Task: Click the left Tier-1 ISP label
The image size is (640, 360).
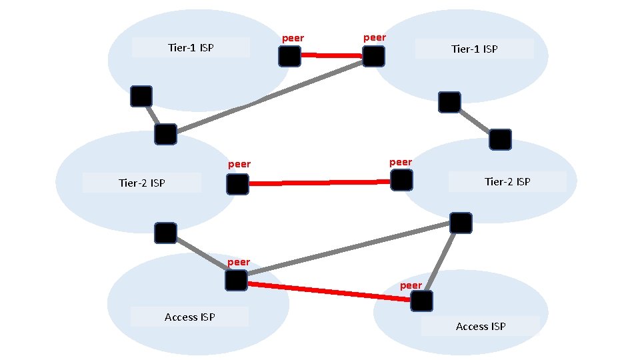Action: (x=191, y=47)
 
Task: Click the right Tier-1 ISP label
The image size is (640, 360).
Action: (x=474, y=49)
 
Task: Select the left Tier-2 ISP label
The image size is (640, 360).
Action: (x=141, y=183)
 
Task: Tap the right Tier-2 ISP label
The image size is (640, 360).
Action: (x=507, y=181)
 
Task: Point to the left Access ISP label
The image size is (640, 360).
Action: (x=189, y=317)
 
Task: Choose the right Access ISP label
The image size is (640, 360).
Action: (x=480, y=326)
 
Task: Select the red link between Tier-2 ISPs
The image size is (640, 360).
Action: (x=319, y=182)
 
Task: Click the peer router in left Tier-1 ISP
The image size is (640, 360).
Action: (x=289, y=57)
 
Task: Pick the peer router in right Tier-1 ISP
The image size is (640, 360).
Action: (x=373, y=57)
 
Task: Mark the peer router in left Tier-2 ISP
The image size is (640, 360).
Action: (x=237, y=184)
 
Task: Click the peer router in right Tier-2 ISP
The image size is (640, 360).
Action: (x=401, y=179)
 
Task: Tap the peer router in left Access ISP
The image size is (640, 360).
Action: (x=236, y=280)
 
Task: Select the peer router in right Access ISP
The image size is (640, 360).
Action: (x=421, y=301)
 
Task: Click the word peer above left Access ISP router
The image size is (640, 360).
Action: (x=238, y=262)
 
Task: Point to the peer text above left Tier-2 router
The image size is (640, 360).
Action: (x=239, y=164)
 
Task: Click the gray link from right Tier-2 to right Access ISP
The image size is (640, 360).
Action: (x=441, y=260)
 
